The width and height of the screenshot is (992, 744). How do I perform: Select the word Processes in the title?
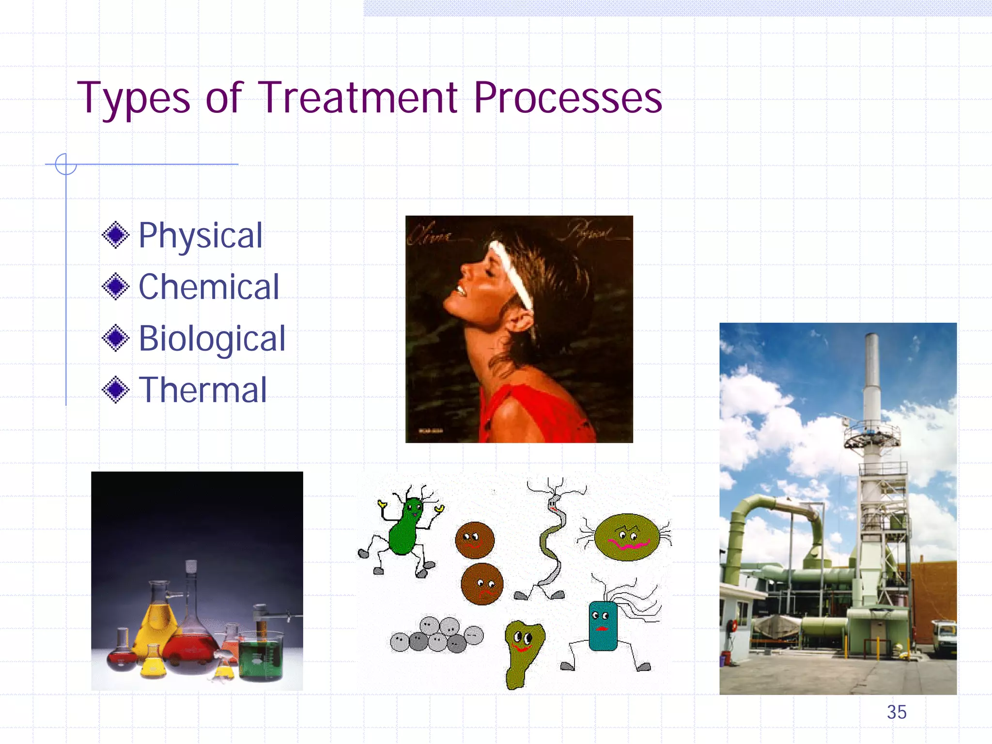[568, 98]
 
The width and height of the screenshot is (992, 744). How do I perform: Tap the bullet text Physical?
[201, 235]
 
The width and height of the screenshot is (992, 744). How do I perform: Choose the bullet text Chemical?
[209, 287]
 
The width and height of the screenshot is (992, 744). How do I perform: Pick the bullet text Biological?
[212, 338]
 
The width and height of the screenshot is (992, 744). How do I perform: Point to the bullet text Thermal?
[203, 390]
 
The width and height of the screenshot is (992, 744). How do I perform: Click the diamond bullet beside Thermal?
[116, 390]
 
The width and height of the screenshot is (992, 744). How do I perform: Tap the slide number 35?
[897, 712]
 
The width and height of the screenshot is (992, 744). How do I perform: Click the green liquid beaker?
[260, 656]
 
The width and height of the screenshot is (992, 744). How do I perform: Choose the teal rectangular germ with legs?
[603, 625]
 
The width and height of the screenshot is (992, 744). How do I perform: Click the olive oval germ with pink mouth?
[627, 537]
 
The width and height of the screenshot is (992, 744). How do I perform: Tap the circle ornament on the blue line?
[66, 164]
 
